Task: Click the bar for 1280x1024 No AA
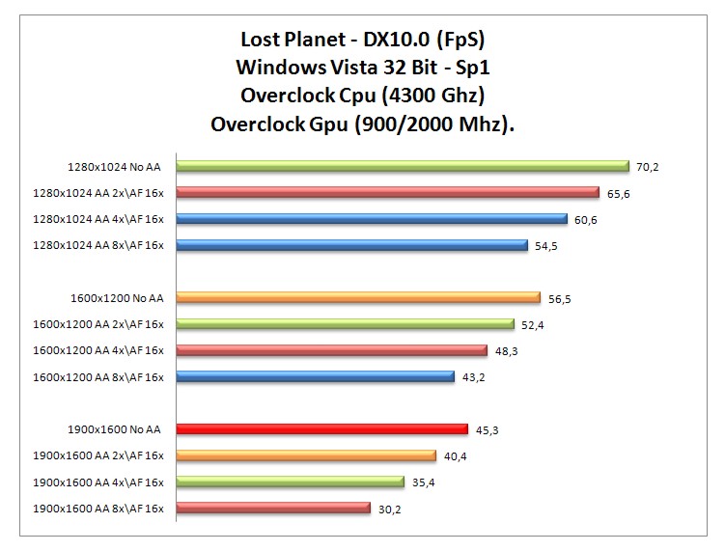click(x=402, y=166)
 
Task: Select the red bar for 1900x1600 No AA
click(x=321, y=429)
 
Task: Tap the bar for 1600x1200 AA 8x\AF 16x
click(x=315, y=376)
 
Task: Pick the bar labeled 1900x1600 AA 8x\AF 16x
click(x=273, y=508)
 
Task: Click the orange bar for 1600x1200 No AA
click(x=358, y=297)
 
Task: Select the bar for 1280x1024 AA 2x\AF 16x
click(x=387, y=192)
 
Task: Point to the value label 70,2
click(x=647, y=167)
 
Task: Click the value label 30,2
click(x=390, y=509)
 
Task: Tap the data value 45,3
click(x=488, y=429)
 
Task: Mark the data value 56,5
click(x=560, y=298)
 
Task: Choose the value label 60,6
click(x=586, y=219)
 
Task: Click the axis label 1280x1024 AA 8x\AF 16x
click(x=98, y=245)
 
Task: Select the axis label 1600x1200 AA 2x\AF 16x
click(x=98, y=324)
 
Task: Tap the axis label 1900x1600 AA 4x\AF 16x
click(x=98, y=482)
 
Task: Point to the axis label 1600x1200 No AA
click(x=116, y=298)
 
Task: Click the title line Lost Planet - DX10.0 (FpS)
click(x=361, y=41)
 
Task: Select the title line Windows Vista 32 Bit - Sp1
click(x=361, y=69)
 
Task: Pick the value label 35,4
click(x=424, y=482)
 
